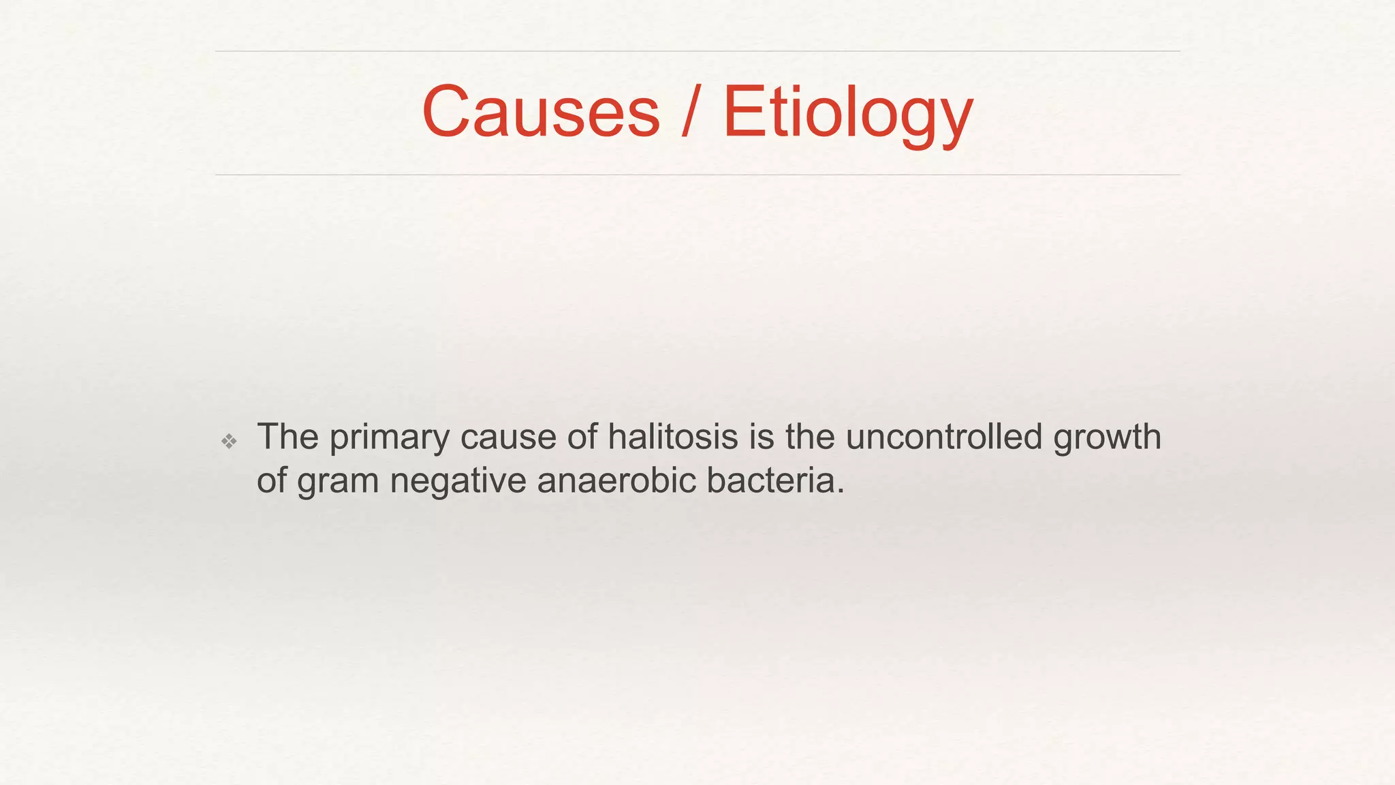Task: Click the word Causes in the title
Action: (541, 112)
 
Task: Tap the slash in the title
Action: (690, 112)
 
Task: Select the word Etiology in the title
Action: (847, 113)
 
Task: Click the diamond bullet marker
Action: (230, 442)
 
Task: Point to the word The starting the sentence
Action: (287, 437)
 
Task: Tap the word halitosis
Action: (673, 437)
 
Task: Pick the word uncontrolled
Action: (944, 437)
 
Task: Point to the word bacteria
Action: (770, 480)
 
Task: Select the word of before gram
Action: (271, 480)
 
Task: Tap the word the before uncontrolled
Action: (810, 437)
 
